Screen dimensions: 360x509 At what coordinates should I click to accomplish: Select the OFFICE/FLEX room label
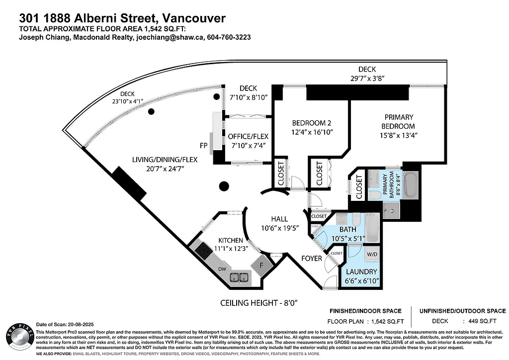point(248,136)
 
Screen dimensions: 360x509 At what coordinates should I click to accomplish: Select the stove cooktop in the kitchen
point(204,251)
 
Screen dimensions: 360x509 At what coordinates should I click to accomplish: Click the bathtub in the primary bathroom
point(411,185)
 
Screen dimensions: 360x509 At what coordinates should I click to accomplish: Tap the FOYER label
point(312,259)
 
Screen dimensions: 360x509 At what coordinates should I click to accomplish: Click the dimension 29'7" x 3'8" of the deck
point(367,78)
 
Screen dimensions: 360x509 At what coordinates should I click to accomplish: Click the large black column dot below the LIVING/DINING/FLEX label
point(224,186)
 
